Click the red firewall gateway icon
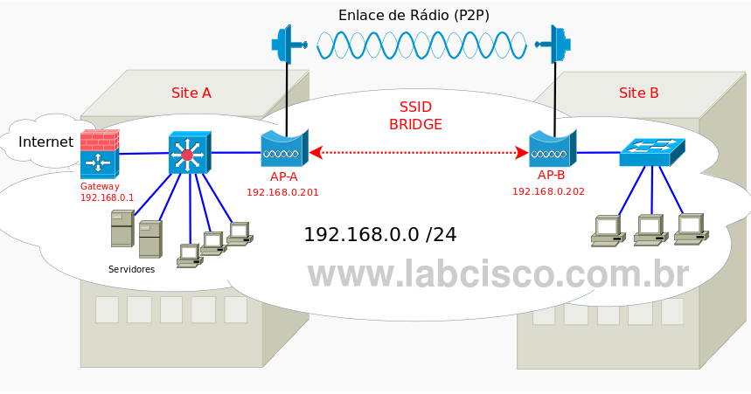[x=98, y=154]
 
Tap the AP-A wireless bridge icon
[x=283, y=149]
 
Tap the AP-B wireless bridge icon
[x=552, y=149]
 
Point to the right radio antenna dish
[x=556, y=44]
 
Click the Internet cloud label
[x=45, y=142]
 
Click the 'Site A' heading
[x=191, y=93]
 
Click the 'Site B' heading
[x=639, y=93]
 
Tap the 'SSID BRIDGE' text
[x=415, y=115]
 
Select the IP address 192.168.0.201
[x=282, y=191]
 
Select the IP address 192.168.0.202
[x=548, y=191]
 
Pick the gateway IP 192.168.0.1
[x=107, y=197]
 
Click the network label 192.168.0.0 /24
[x=379, y=234]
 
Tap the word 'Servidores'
[x=131, y=269]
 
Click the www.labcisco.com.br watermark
[x=497, y=273]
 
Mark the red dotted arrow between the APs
[x=419, y=153]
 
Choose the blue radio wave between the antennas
[x=421, y=45]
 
